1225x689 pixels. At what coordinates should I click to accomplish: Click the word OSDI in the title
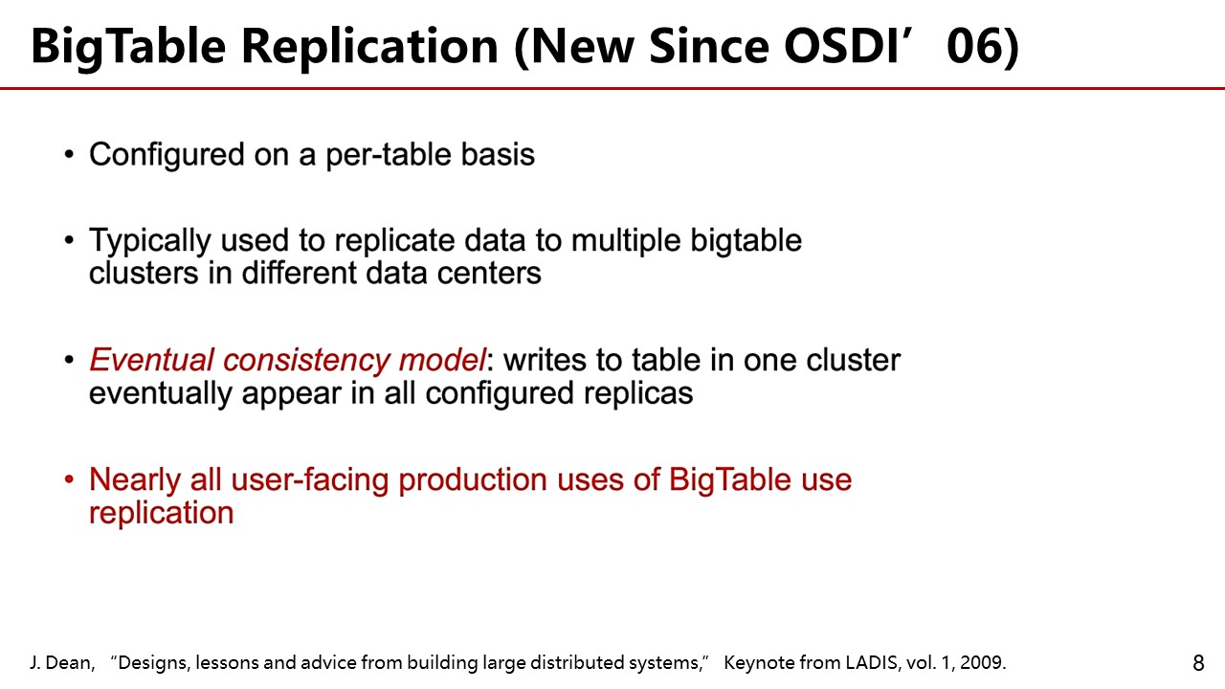click(841, 46)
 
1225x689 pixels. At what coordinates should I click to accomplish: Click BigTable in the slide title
click(128, 48)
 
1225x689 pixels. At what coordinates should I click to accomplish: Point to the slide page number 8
click(1197, 663)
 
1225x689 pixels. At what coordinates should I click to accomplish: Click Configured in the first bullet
click(167, 155)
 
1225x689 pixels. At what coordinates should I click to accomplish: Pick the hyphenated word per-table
click(389, 155)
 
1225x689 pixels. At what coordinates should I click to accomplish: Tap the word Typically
click(150, 240)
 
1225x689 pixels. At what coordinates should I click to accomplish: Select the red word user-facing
click(309, 480)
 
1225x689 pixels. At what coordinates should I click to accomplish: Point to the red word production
click(473, 480)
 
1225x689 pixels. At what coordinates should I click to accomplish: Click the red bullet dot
click(69, 479)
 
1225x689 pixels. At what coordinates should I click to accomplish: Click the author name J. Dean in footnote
click(62, 663)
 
